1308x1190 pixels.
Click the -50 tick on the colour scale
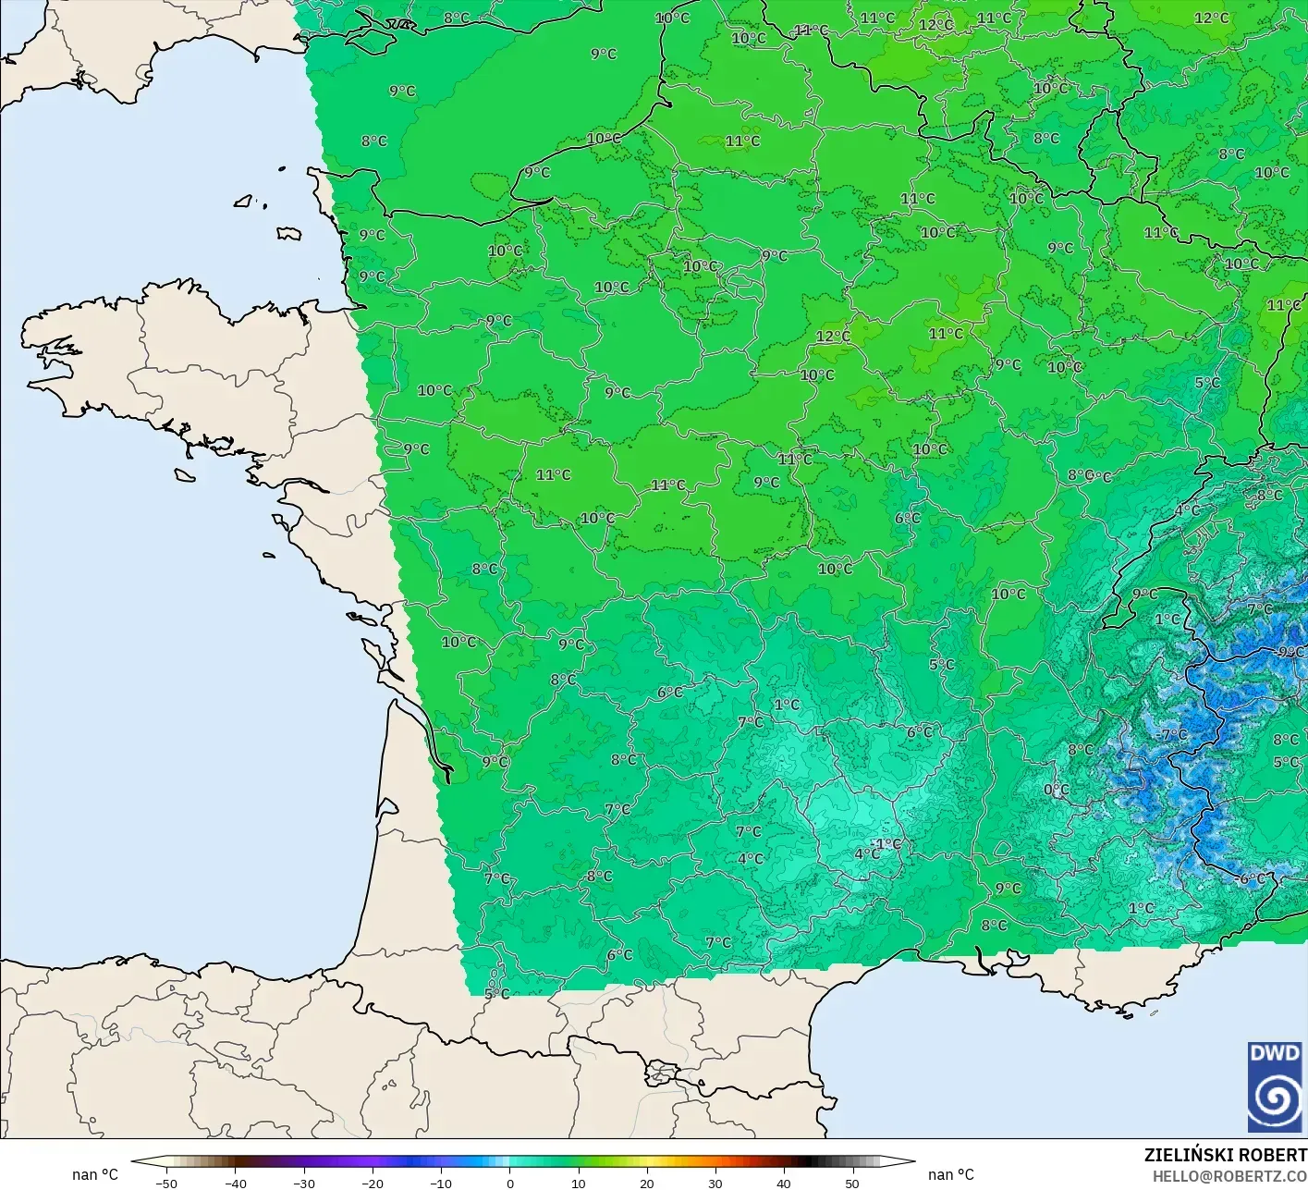coord(167,1184)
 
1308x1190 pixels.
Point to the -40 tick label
coord(236,1184)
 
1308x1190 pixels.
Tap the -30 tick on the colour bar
coord(304,1184)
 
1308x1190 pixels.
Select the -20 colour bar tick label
coord(373,1184)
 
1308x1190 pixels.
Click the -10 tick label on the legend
coord(441,1184)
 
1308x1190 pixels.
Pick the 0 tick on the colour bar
coord(509,1184)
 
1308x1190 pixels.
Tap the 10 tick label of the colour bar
coord(578,1184)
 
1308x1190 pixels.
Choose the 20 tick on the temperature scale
coord(646,1184)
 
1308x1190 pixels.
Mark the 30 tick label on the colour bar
coord(715,1184)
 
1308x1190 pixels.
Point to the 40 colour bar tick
coord(783,1184)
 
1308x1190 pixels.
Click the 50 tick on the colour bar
coord(851,1184)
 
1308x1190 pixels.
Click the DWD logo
coord(1274,1086)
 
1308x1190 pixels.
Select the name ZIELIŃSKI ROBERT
coord(1225,1155)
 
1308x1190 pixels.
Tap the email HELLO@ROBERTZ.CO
coord(1229,1176)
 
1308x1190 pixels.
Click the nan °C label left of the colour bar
coord(95,1174)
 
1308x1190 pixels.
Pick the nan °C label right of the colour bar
coord(951,1174)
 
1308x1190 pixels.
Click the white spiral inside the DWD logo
coord(1274,1098)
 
